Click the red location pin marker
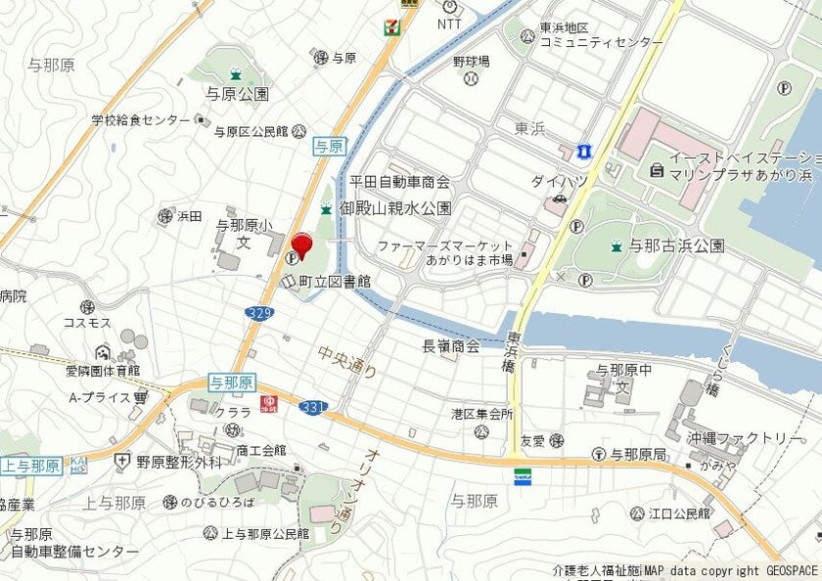tap(301, 246)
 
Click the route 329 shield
tap(258, 312)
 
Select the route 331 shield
tap(312, 406)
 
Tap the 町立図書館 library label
tap(335, 282)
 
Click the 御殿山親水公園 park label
tap(394, 208)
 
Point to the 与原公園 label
tap(236, 95)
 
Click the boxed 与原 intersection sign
tap(329, 146)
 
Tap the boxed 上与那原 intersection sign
tap(31, 466)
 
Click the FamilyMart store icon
tap(525, 476)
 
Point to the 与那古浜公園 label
tap(676, 246)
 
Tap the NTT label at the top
tap(449, 23)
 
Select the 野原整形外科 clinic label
tap(178, 461)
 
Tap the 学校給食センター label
tap(141, 119)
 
